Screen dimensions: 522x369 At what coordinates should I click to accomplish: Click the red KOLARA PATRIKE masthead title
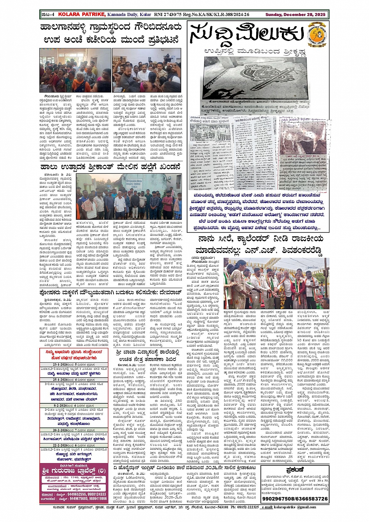82,14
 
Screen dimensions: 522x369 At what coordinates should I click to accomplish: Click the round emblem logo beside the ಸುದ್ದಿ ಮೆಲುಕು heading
316,34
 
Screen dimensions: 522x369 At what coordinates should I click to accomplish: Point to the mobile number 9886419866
93,499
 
